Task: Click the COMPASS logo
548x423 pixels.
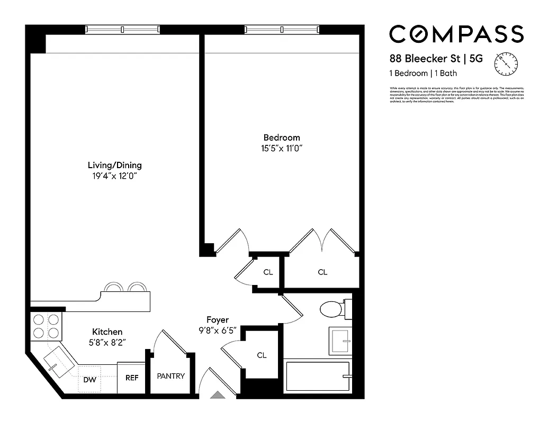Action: [x=456, y=34]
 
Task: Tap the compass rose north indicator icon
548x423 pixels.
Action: [x=505, y=63]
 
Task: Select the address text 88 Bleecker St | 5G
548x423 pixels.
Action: [x=436, y=59]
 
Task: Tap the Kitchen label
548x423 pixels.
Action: [x=107, y=332]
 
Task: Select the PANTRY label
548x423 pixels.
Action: [x=170, y=376]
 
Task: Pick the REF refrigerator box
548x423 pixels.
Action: [x=131, y=378]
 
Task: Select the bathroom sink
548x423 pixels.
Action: [x=338, y=341]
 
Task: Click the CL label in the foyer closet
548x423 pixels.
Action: [x=262, y=355]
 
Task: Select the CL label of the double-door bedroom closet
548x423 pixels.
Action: [x=322, y=272]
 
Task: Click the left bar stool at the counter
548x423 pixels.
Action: [x=113, y=287]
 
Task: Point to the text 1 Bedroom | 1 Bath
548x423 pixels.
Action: [x=423, y=73]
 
